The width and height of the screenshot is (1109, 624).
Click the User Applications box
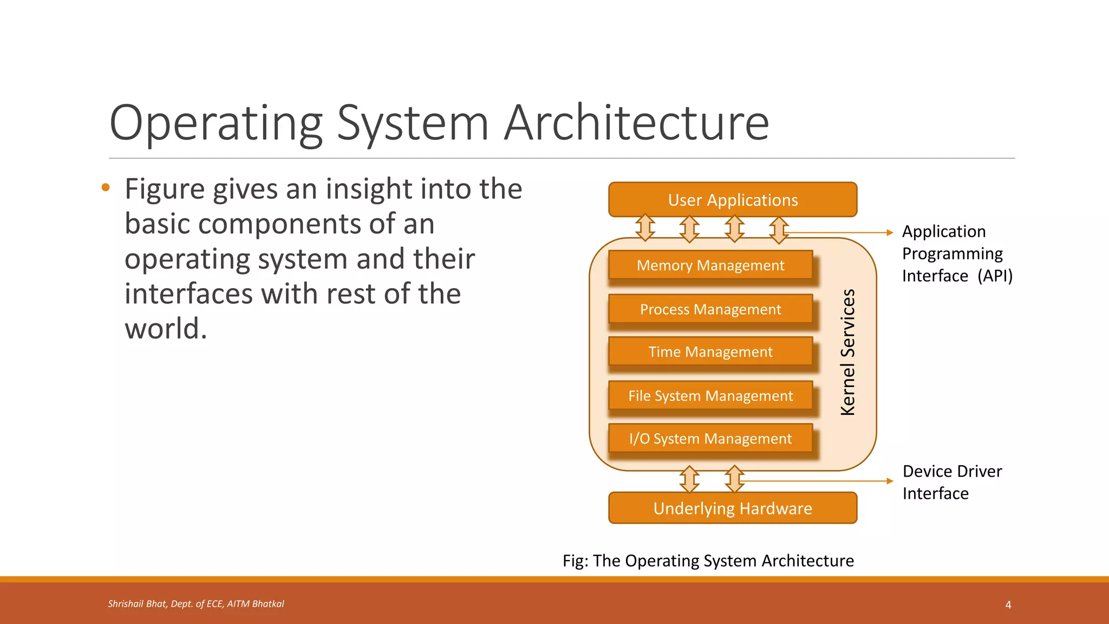click(733, 200)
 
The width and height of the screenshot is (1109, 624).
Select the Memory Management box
click(710, 265)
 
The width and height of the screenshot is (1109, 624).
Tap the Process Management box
click(710, 309)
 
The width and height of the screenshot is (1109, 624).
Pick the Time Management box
click(710, 352)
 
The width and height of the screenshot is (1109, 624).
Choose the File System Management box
click(710, 396)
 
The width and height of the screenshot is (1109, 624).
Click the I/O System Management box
click(710, 439)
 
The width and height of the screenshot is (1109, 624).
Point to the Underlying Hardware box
click(733, 508)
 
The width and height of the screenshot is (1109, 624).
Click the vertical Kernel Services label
click(848, 352)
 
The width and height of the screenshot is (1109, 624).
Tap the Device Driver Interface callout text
click(952, 482)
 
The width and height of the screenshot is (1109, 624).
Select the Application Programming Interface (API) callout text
click(957, 253)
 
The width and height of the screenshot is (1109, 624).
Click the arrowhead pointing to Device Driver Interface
click(890, 481)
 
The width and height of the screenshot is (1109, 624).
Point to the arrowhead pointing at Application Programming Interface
click(890, 233)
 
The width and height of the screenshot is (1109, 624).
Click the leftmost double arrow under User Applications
click(645, 227)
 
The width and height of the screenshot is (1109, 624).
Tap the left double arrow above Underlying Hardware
click(689, 479)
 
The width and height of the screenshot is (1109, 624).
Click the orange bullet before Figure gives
click(106, 188)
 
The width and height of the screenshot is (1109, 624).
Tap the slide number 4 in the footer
click(1008, 604)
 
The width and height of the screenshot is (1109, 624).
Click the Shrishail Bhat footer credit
click(196, 604)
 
